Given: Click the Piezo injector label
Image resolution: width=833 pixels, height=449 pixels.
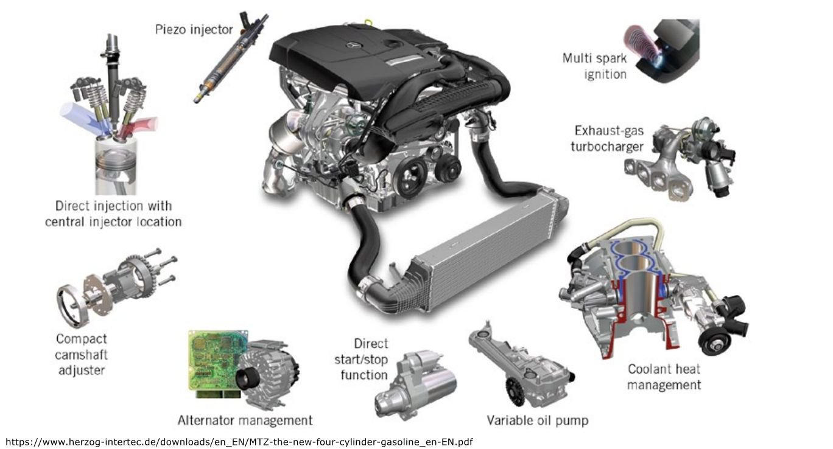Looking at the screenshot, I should [194, 29].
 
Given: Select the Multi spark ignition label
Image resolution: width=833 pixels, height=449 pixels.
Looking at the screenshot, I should [594, 66].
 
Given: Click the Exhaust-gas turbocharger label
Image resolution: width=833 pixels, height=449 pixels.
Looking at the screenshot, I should [608, 139].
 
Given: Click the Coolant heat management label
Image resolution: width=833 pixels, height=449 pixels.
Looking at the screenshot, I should [664, 377].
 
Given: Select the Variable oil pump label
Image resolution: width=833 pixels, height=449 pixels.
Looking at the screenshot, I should [537, 420].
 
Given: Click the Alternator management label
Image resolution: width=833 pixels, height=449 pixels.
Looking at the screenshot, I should [245, 420].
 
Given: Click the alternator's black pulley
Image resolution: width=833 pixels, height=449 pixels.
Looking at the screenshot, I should [249, 382].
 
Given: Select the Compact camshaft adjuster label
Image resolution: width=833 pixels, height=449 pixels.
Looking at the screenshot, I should [81, 354].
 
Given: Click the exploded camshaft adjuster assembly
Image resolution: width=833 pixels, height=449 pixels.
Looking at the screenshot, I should [116, 286].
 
